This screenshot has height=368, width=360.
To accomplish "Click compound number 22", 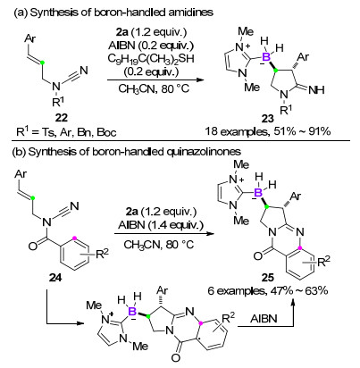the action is pyautogui.click(x=61, y=118).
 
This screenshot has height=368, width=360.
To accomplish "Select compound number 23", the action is pyautogui.click(x=267, y=119).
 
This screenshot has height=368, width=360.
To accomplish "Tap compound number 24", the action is pyautogui.click(x=55, y=278).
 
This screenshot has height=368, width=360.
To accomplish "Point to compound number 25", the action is pyautogui.click(x=268, y=278).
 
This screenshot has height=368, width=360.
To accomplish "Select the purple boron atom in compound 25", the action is pyautogui.click(x=258, y=192).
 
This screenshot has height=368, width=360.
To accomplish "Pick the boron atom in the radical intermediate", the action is pyautogui.click(x=132, y=312).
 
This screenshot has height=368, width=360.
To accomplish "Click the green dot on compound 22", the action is pyautogui.click(x=43, y=63).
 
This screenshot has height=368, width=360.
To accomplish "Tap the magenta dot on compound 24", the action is pyautogui.click(x=74, y=238).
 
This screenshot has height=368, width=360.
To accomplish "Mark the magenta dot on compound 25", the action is pyautogui.click(x=301, y=247).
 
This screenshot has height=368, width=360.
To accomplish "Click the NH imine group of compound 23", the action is pyautogui.click(x=316, y=89).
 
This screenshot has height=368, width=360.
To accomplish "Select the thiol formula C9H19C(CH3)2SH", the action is pyautogui.click(x=151, y=58).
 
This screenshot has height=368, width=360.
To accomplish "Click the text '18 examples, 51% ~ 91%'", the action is pyautogui.click(x=268, y=131).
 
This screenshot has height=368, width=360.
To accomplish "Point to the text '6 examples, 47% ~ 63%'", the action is pyautogui.click(x=268, y=290).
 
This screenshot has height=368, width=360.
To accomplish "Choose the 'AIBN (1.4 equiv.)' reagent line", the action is pyautogui.click(x=161, y=225).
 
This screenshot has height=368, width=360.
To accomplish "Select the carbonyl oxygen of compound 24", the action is pyautogui.click(x=33, y=247).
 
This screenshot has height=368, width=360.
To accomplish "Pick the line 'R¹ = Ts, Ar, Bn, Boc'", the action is pyautogui.click(x=66, y=131).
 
